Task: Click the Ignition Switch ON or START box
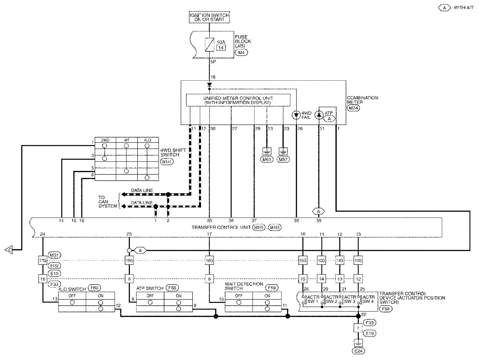(x=209, y=17)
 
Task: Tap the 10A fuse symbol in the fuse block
(x=209, y=44)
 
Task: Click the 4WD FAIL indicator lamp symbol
(x=296, y=115)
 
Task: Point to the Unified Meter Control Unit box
(x=238, y=100)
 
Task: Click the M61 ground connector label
(x=267, y=159)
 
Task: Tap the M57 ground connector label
(x=283, y=159)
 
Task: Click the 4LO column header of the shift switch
(x=147, y=140)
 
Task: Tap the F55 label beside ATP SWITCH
(x=170, y=288)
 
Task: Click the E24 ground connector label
(x=358, y=351)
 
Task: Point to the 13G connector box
(x=358, y=261)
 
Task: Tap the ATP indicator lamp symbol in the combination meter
(x=319, y=115)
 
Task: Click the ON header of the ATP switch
(x=178, y=296)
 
